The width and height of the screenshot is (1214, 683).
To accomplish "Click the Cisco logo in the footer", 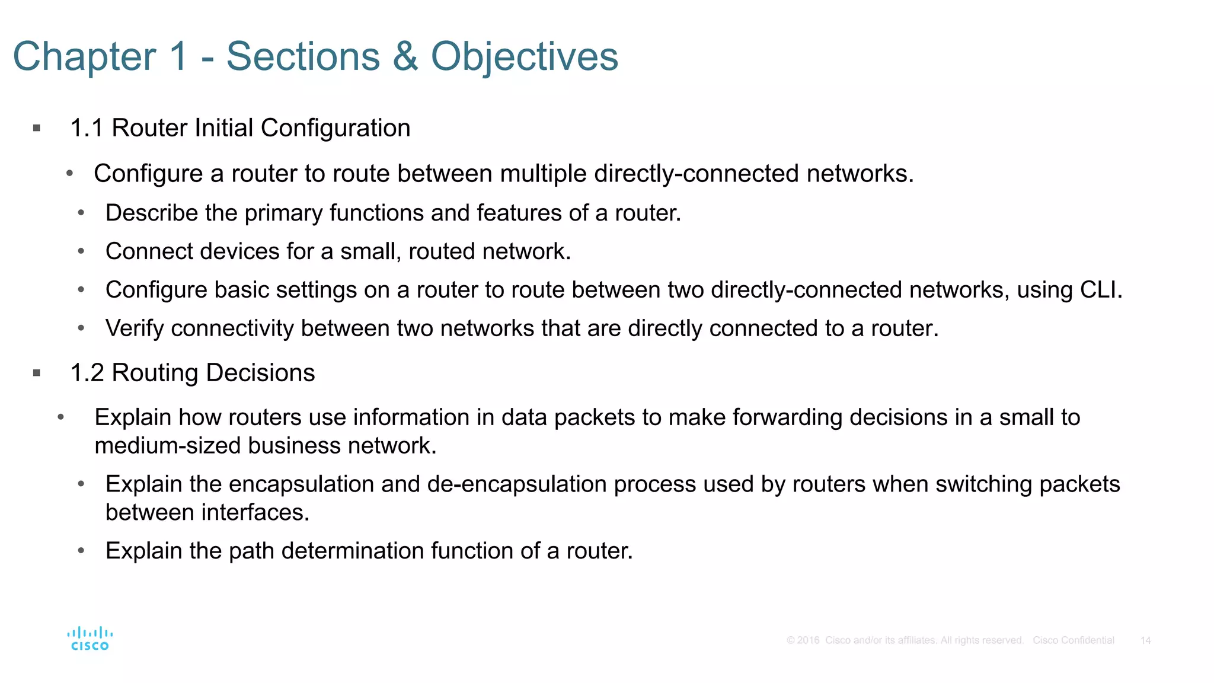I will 90,639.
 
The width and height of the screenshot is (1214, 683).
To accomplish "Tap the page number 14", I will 1145,640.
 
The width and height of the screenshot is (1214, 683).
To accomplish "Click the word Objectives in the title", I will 524,57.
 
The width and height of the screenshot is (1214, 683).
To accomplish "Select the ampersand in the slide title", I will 405,57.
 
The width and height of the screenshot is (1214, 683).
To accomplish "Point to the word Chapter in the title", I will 84,57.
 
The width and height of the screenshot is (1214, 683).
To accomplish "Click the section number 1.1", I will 87,128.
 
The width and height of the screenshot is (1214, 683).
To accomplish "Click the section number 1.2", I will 87,373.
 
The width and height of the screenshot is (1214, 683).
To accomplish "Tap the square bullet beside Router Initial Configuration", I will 37,128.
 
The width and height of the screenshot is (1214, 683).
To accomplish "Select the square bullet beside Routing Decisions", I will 37,373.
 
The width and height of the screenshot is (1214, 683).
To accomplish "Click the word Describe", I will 151,213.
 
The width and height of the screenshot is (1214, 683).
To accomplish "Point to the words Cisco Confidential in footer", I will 1073,640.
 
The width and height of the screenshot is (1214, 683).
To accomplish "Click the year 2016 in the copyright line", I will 808,640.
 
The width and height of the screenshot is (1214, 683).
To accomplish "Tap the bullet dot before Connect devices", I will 81,251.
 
